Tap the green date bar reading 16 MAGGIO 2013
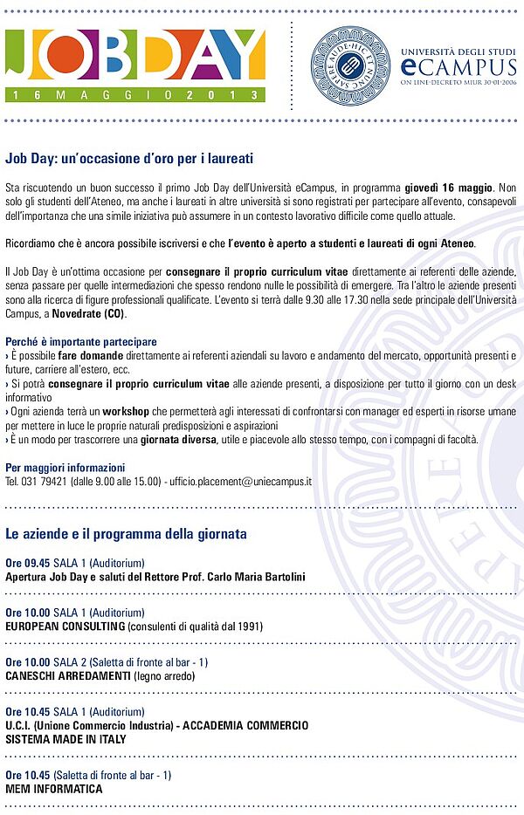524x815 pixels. [x=135, y=93]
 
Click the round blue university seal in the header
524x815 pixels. [x=350, y=65]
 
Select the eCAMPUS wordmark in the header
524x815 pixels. [x=453, y=66]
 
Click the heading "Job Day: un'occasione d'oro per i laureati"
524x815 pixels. [x=129, y=159]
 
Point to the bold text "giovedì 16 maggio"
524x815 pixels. [x=449, y=188]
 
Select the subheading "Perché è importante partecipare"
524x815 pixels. [x=81, y=342]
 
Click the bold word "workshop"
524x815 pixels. [x=126, y=411]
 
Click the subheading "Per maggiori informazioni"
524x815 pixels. [x=65, y=468]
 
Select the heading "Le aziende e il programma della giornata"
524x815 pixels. [x=126, y=533]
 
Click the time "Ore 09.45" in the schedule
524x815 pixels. [x=28, y=563]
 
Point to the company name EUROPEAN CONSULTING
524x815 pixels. [x=65, y=626]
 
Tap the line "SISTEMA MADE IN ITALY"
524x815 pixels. [x=65, y=739]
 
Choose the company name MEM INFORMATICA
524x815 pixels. [x=53, y=789]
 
